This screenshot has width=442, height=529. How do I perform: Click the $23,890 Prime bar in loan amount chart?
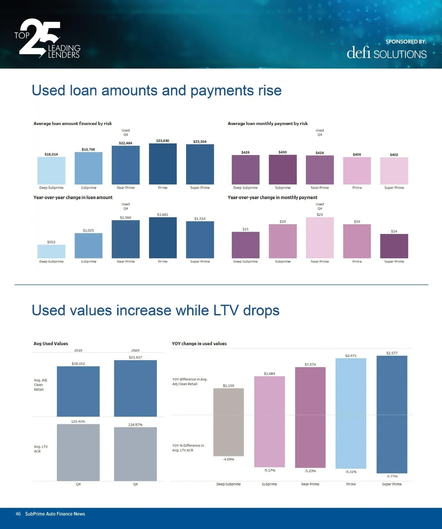[x=162, y=164]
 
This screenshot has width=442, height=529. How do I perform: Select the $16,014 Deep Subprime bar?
[x=51, y=171]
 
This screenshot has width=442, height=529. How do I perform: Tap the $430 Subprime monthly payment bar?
[x=283, y=170]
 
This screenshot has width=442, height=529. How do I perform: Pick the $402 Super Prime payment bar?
[x=394, y=171]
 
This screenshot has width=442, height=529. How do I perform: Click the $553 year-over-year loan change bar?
[x=51, y=251]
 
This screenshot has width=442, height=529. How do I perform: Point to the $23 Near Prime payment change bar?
[x=320, y=238]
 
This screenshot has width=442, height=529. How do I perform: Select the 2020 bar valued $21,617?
[x=135, y=388]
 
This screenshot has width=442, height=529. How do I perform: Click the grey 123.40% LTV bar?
[x=78, y=452]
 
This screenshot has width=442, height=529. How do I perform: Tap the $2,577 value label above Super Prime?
[x=392, y=353]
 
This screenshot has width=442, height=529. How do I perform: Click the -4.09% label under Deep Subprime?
[x=228, y=459]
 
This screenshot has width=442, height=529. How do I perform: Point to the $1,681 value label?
[x=162, y=214]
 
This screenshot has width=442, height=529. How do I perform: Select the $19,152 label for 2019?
[x=78, y=363]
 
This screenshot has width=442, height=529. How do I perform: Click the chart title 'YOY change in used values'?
[x=199, y=344]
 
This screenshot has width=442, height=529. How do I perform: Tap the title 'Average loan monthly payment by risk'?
[x=267, y=124]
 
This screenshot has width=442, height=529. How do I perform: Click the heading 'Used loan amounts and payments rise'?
[x=157, y=90]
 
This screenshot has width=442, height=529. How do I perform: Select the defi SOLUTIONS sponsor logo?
[x=386, y=53]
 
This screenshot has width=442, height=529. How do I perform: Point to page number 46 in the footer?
[x=18, y=514]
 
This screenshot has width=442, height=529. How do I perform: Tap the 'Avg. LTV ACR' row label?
[x=41, y=449]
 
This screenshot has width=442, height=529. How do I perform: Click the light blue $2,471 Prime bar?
[x=351, y=413]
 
